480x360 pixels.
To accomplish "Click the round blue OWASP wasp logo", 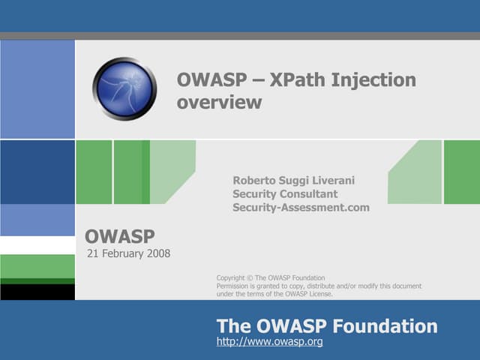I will click(124, 89).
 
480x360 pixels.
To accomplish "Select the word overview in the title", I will click(219, 103).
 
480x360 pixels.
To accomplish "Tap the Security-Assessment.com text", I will click(301, 208).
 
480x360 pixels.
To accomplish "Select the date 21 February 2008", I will click(129, 253).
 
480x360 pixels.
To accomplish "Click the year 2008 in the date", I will click(158, 253).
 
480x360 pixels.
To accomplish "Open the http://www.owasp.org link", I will click(269, 342).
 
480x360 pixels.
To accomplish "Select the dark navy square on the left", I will click(37, 172).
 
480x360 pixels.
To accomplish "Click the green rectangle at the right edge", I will click(461, 172).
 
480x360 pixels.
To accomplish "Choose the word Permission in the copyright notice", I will click(234, 286).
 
